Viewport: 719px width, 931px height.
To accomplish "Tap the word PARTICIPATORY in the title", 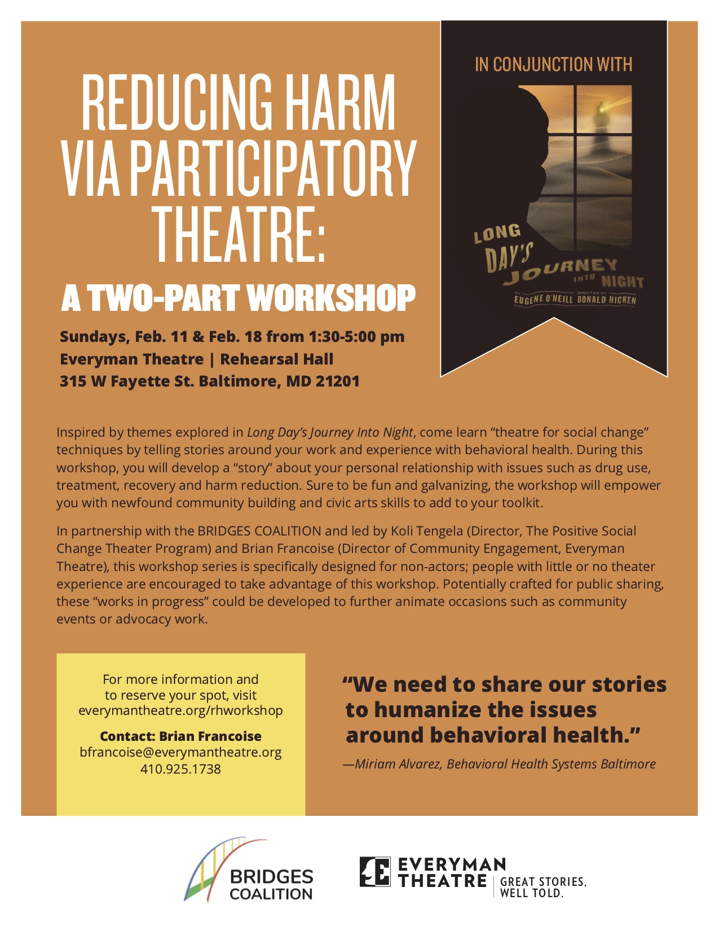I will [x=275, y=168].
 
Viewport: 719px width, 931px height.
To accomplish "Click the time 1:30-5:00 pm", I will [x=356, y=337].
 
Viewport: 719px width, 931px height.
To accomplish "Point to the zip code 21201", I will [x=337, y=381].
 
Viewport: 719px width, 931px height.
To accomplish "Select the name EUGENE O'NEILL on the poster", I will [x=544, y=300].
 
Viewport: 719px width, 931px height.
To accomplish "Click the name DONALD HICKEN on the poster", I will [x=606, y=300].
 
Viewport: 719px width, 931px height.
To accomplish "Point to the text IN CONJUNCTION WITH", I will [x=553, y=64].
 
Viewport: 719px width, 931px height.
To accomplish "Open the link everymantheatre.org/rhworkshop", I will [x=180, y=710].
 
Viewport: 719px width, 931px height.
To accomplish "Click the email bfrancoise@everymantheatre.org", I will [x=180, y=752].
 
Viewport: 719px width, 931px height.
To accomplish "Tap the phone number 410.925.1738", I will [x=180, y=769].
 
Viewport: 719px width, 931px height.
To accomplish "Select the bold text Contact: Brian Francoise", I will [x=180, y=736].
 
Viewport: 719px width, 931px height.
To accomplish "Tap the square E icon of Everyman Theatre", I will [x=374, y=872].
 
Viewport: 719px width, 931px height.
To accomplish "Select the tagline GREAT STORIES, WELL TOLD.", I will [x=543, y=887].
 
